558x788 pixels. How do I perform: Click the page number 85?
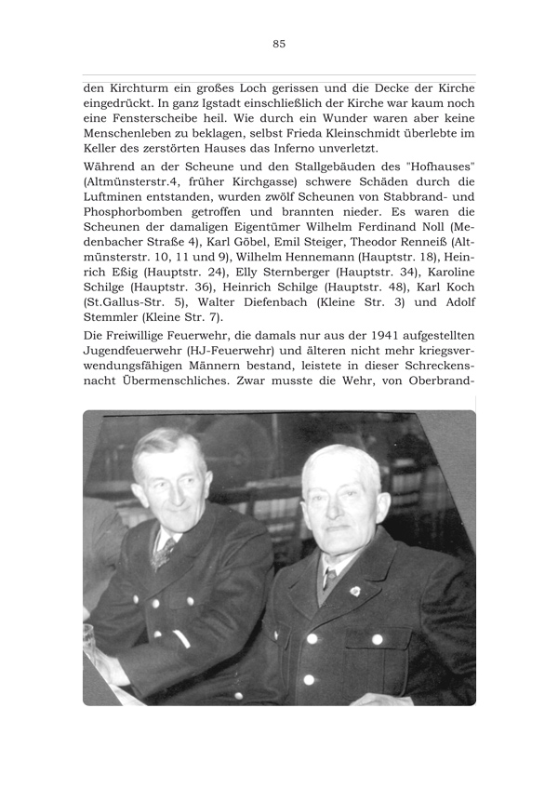pos(279,43)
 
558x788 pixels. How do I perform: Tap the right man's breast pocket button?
pos(378,639)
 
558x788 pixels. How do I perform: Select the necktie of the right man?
pos(328,581)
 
